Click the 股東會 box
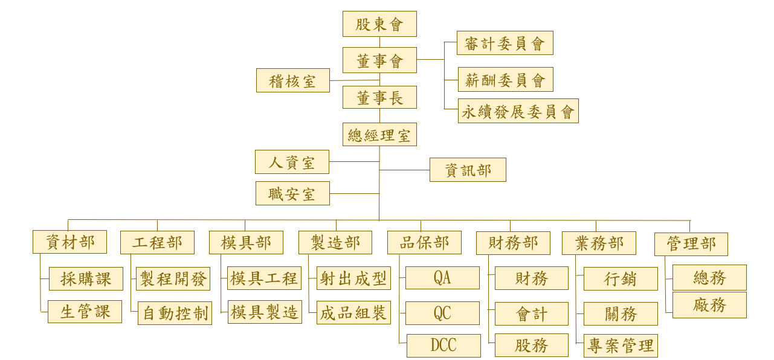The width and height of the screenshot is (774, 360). tap(379, 24)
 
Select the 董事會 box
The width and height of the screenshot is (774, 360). tap(379, 60)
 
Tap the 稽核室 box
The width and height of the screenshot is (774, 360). tap(292, 80)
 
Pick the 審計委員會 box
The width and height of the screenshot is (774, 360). tap(505, 43)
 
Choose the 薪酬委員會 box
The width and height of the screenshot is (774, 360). tap(505, 79)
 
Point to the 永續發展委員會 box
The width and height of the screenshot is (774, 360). tap(518, 111)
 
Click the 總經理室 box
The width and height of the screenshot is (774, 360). tap(379, 134)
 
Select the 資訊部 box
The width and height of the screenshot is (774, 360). tap(468, 170)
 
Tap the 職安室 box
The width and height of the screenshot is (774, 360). tap(292, 194)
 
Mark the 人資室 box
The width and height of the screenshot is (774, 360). tap(292, 162)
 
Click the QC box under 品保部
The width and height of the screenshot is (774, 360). tap(442, 313)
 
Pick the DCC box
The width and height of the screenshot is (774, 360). tap(443, 346)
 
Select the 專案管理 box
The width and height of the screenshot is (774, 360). tap(621, 346)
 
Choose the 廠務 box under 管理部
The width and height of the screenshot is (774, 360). tap(709, 305)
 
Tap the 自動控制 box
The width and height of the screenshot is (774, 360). tap(175, 313)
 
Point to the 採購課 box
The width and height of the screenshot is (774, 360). tap(86, 278)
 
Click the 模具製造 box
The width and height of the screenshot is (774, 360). tap(265, 312)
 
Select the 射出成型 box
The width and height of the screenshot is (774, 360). tap(353, 278)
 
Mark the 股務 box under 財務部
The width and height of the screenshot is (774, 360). tap(532, 346)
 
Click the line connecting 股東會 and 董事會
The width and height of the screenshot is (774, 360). tap(379, 42)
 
